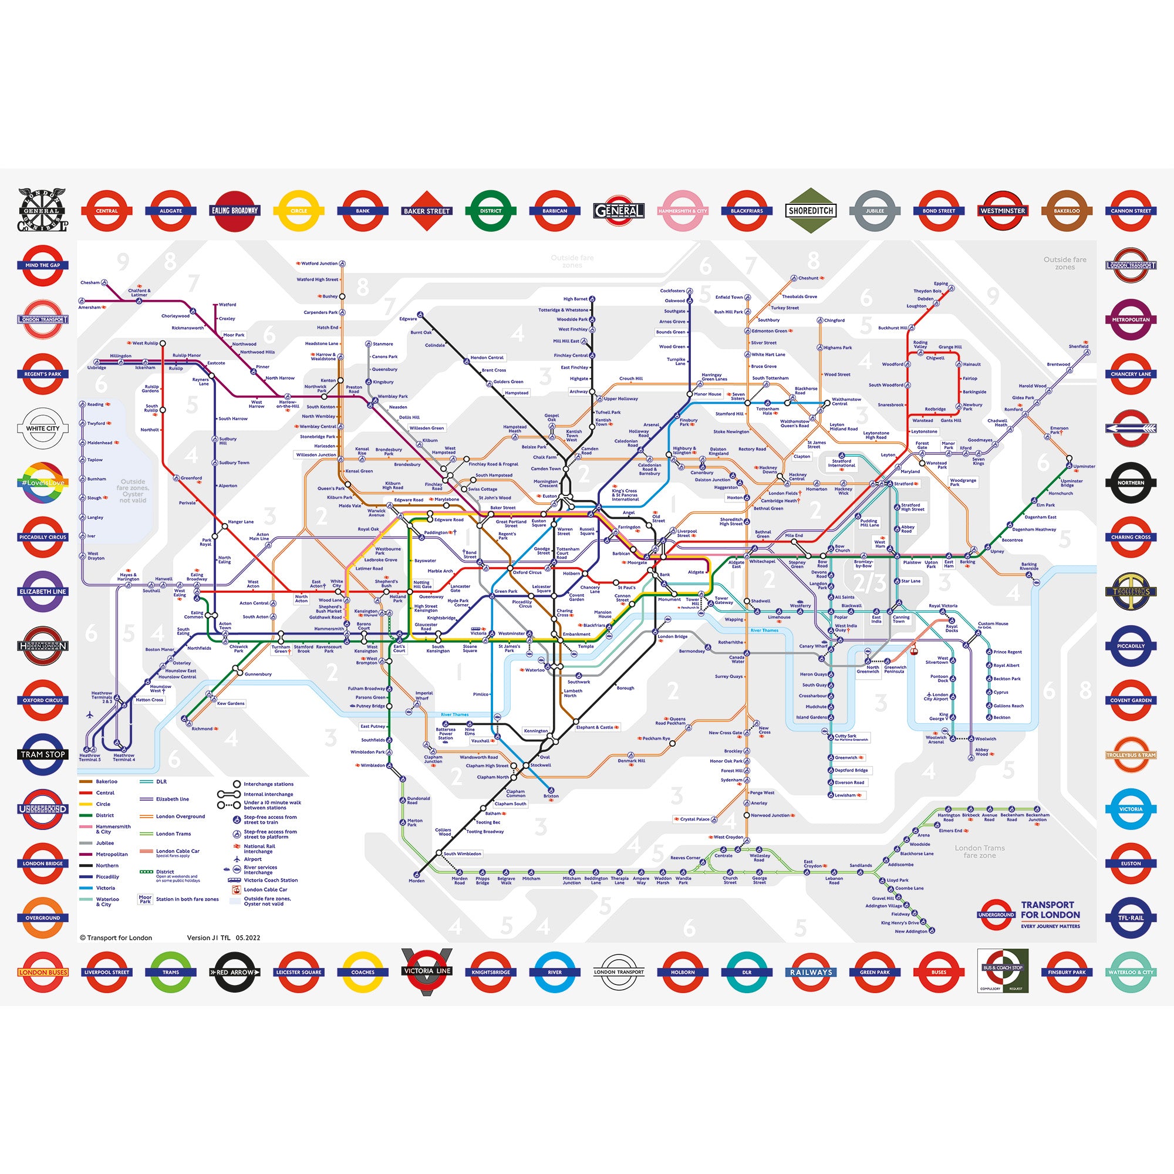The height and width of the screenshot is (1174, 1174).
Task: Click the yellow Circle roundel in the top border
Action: [x=298, y=211]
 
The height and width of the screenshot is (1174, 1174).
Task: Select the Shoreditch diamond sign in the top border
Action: [x=811, y=211]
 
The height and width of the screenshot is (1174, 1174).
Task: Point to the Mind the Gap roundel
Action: [x=42, y=265]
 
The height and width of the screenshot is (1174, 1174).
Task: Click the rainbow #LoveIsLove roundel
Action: [x=42, y=483]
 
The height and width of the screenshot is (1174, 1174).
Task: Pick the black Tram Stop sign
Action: [x=42, y=755]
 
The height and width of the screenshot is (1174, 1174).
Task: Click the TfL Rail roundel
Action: [x=1131, y=917]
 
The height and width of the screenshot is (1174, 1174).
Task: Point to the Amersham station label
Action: [x=89, y=308]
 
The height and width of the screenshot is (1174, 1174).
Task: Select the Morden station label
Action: [x=416, y=880]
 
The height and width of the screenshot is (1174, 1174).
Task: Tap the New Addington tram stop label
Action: [x=911, y=931]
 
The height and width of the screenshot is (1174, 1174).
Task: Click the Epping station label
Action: [x=940, y=284]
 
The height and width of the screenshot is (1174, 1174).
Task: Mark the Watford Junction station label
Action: [x=319, y=264]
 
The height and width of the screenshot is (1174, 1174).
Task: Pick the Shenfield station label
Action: [x=1078, y=346]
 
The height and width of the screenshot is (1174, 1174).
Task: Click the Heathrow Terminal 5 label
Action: [x=89, y=758]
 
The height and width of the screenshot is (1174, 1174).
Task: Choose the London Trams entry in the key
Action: [x=173, y=834]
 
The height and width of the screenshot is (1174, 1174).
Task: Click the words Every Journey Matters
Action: [x=1050, y=927]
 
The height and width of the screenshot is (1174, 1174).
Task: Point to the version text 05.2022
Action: [x=248, y=937]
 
